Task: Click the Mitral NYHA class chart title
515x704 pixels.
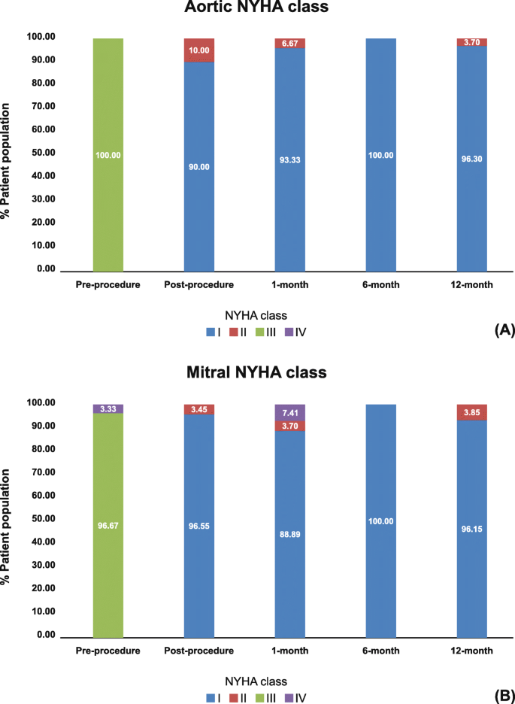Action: pyautogui.click(x=258, y=372)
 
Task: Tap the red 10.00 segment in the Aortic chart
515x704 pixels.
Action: pyautogui.click(x=199, y=50)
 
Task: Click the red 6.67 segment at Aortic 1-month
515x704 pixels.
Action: pyautogui.click(x=290, y=43)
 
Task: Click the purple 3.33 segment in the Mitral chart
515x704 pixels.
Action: pyautogui.click(x=108, y=408)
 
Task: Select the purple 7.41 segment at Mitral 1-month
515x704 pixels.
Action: pyautogui.click(x=290, y=413)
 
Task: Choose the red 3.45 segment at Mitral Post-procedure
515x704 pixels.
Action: pyautogui.click(x=199, y=409)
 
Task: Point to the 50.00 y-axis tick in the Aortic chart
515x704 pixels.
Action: pyautogui.click(x=40, y=153)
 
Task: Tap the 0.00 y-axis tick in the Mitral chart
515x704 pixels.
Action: pyautogui.click(x=43, y=635)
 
